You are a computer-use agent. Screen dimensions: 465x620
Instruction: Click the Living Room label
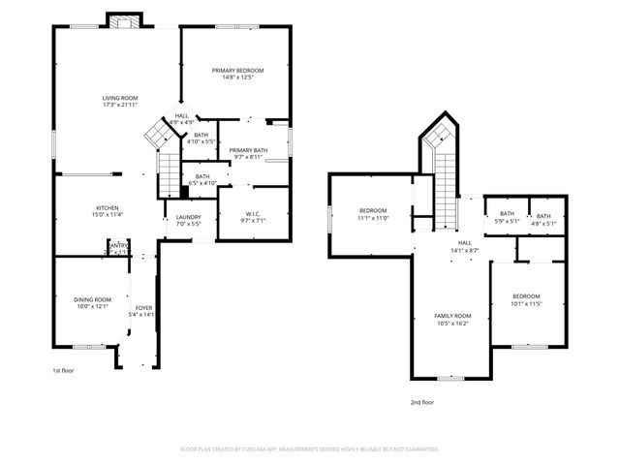click(120, 98)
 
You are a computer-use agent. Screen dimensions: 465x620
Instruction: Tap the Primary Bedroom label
click(237, 71)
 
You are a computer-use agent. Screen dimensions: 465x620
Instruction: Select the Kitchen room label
click(107, 208)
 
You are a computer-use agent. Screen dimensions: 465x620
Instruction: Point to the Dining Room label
click(93, 299)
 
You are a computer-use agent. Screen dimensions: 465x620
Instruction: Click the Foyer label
click(142, 308)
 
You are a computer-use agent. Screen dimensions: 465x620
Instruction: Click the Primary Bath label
click(248, 150)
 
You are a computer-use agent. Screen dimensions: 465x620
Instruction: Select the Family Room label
click(451, 316)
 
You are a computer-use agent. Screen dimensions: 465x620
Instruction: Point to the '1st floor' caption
click(63, 370)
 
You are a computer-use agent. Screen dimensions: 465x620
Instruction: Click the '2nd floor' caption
click(422, 401)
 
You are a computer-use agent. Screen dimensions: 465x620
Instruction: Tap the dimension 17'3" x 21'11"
click(120, 105)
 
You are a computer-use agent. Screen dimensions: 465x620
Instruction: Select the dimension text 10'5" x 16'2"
click(451, 323)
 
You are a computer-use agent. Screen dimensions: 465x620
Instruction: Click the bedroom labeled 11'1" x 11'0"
click(373, 213)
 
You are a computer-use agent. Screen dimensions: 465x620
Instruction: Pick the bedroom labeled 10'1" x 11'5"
click(526, 298)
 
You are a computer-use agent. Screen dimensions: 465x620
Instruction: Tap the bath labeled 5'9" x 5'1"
click(507, 217)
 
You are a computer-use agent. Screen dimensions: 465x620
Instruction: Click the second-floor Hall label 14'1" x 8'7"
click(465, 246)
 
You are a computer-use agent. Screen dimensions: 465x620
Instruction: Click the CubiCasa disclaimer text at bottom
click(310, 449)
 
